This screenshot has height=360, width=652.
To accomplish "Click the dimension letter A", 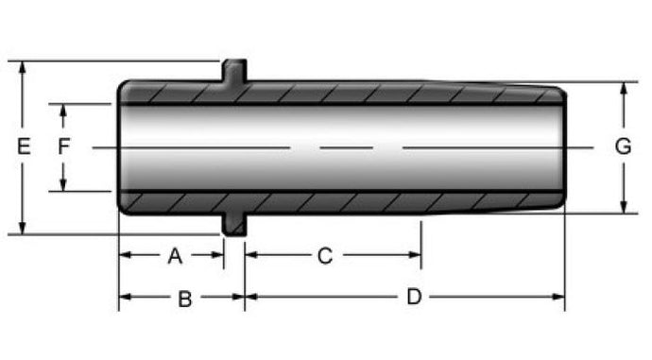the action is click(x=175, y=256).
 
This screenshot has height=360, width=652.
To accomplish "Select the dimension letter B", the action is click(x=185, y=299).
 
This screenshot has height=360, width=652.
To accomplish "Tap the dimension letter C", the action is click(x=325, y=256).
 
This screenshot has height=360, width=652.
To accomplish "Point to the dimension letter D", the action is click(x=414, y=297).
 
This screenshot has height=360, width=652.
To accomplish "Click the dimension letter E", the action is click(x=24, y=146).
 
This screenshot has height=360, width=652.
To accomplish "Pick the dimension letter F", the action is click(x=63, y=146).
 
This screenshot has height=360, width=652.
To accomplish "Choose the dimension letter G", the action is click(x=623, y=146).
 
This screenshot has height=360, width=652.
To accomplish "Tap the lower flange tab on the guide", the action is click(x=234, y=225).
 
